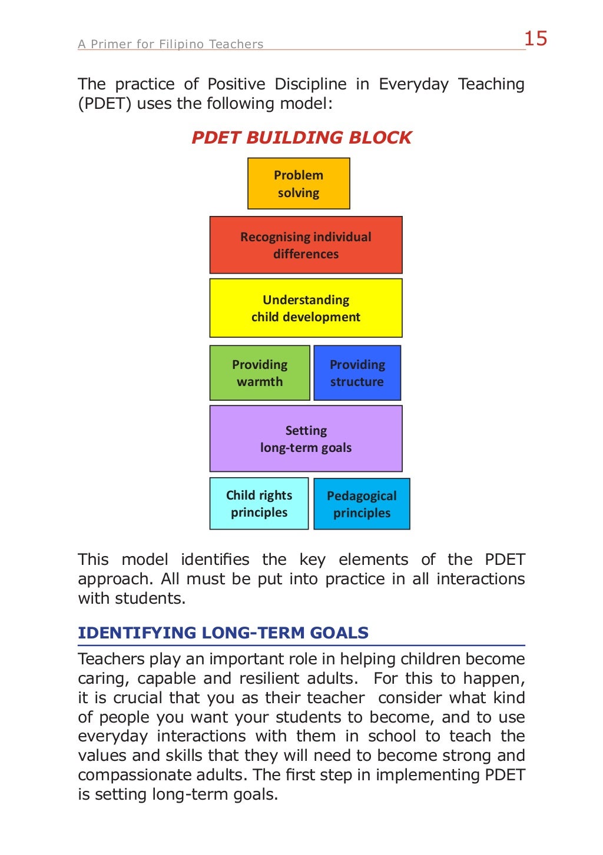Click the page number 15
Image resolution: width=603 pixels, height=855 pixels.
pos(535,39)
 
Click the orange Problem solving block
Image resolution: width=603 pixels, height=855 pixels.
pos(299,184)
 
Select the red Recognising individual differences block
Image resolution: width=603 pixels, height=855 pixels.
pos(306,245)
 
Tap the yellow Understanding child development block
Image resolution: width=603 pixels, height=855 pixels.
pos(306,308)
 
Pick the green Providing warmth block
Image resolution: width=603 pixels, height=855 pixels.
pos(260,373)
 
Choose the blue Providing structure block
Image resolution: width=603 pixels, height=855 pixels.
pos(357,373)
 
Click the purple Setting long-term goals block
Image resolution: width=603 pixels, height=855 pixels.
pos(306,438)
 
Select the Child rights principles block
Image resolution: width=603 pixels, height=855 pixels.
pos(259,504)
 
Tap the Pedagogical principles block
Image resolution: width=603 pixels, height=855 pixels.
pos(362,504)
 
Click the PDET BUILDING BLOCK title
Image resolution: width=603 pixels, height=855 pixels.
pos(301,138)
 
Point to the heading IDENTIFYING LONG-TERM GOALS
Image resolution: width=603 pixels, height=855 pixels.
pos(223,633)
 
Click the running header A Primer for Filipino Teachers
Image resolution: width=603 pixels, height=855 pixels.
pos(171,44)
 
